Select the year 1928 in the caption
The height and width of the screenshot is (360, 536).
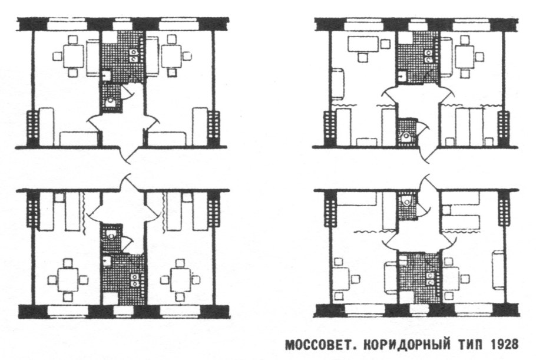tap(503, 344)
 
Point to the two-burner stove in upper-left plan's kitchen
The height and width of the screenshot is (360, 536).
tap(135, 55)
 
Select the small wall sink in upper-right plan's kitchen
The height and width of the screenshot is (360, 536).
tap(402, 75)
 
